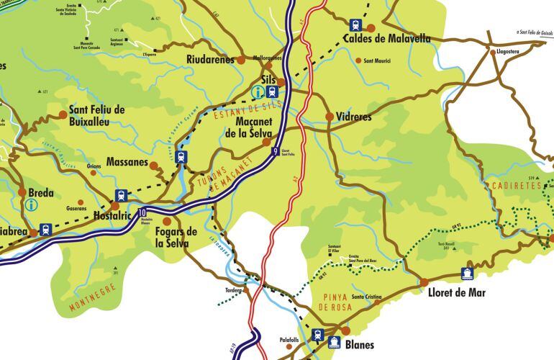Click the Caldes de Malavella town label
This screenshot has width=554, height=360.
pos(386,39)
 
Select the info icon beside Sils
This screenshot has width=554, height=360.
pos(258,91)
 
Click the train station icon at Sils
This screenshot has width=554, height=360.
pos(272,91)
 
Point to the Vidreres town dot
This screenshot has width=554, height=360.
pos(330,116)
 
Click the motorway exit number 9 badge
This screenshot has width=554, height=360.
pos(276,151)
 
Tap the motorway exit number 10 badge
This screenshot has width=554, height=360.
pos(143,212)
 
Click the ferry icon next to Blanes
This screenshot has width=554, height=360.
pos(334,342)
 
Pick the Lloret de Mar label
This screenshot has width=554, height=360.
pos(456,293)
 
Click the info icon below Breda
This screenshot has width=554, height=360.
pos(31,204)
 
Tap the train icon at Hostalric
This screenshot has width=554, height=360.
pos(120,196)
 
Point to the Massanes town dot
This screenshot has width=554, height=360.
pos(154,165)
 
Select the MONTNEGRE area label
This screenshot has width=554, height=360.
pos(93,298)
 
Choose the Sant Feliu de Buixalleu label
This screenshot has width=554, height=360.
pos(96,115)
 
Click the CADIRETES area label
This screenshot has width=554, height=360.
pos(518,186)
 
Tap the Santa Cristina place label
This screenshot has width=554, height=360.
pos(365,297)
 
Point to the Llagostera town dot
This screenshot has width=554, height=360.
pos(493,52)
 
